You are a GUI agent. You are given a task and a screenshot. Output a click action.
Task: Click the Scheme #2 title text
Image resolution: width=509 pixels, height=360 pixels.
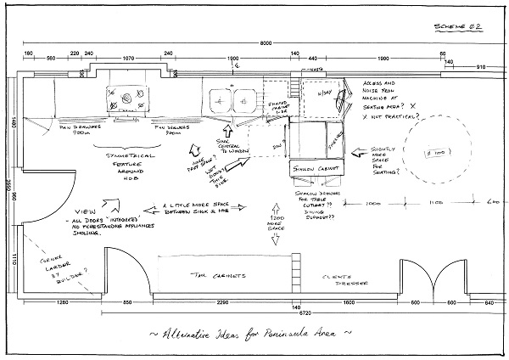pos(459,28)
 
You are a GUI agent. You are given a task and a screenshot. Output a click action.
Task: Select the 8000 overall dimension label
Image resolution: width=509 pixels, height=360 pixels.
pos(265,43)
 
